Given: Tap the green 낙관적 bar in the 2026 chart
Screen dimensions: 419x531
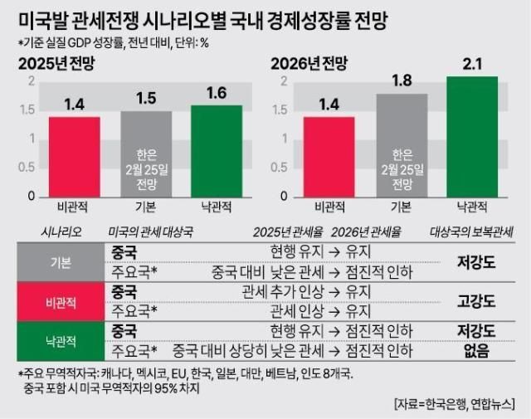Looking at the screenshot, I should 472,137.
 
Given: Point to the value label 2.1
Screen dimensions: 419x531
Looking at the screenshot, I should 471,63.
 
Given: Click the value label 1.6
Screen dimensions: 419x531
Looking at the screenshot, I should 217,93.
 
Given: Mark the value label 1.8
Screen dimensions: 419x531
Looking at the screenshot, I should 402,81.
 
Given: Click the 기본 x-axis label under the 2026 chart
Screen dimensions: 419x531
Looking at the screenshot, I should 402,207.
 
